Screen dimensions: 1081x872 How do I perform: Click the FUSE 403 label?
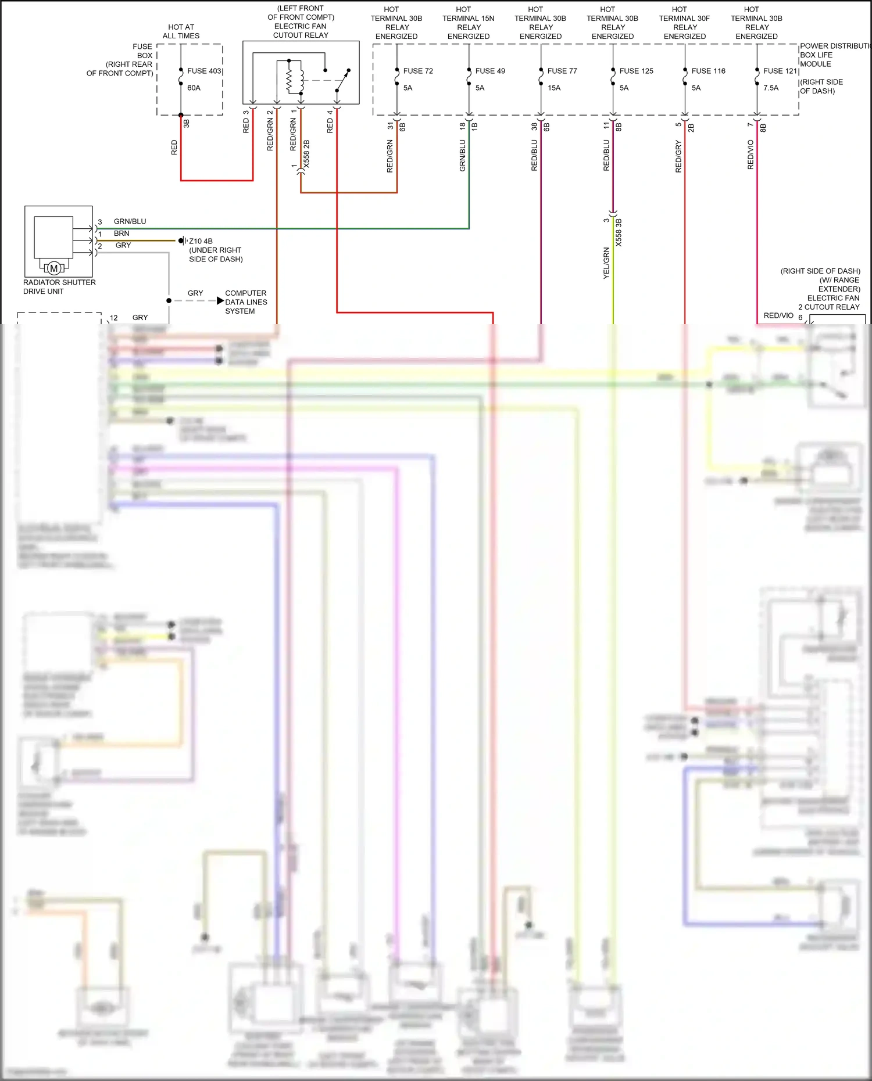(x=204, y=71)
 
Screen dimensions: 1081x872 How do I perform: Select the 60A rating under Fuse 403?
(x=194, y=88)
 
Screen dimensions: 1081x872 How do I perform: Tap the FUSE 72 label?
(x=417, y=71)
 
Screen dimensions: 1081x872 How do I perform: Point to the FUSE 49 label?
(x=489, y=71)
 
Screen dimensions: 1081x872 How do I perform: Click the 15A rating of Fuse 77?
(x=553, y=88)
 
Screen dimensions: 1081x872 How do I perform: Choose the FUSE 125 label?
(x=636, y=71)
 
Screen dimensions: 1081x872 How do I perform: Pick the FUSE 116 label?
(x=708, y=71)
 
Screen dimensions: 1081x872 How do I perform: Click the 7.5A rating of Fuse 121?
(x=770, y=88)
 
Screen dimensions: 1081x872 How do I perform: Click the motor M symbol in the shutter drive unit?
(x=54, y=268)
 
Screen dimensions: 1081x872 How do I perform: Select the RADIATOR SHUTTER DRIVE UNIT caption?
(x=59, y=286)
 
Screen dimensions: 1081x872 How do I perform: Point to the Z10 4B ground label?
(x=201, y=241)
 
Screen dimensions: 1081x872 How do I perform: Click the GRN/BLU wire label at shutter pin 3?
(x=130, y=221)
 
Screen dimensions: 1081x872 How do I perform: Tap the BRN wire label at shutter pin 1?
(x=121, y=234)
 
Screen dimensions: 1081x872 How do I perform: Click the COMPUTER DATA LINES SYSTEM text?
(x=246, y=302)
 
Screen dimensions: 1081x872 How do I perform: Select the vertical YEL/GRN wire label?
(x=606, y=263)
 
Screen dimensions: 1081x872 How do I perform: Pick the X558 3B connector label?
(x=619, y=232)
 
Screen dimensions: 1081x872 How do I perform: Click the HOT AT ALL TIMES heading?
(x=181, y=31)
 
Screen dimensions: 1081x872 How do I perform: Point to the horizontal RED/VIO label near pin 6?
(x=778, y=315)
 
